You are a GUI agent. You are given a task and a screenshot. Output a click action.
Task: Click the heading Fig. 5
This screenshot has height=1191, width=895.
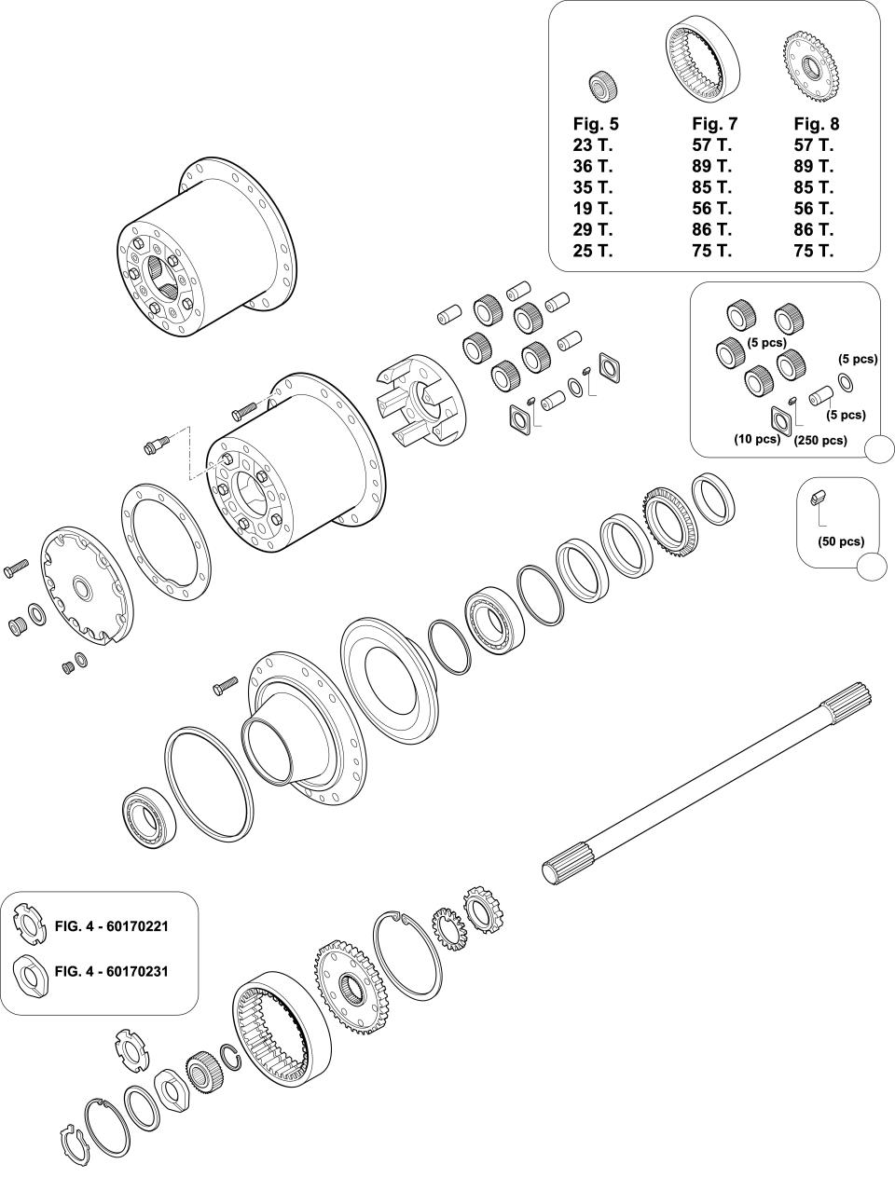click(x=595, y=124)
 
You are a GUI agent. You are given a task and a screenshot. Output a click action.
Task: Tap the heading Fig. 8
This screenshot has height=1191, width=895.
click(x=816, y=124)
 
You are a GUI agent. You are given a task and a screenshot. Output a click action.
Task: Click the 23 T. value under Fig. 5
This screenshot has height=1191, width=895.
click(x=592, y=145)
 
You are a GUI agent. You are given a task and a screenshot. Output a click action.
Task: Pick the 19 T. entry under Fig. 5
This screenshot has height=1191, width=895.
click(x=592, y=208)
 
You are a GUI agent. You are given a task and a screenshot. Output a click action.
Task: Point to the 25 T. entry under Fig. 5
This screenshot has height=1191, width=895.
click(x=592, y=250)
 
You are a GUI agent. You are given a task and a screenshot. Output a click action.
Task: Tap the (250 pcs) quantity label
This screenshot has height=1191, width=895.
click(x=820, y=441)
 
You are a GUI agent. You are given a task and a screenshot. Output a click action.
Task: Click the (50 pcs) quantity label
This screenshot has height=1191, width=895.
click(x=840, y=541)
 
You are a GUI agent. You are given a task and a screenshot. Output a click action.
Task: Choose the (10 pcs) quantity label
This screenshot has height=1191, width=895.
click(x=756, y=438)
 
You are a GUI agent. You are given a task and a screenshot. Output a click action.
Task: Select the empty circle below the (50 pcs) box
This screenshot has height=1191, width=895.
click(x=872, y=567)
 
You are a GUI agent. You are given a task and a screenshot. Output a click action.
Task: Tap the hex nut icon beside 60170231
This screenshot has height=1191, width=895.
click(x=31, y=972)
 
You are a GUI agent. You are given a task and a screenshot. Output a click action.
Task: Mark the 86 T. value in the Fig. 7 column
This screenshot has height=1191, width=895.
click(x=711, y=229)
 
